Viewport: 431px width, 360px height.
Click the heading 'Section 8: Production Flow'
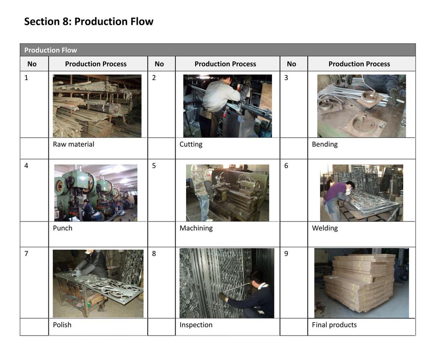coord(88,21)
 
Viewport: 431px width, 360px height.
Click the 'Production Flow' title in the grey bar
coord(51,50)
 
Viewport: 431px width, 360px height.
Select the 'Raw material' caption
coord(73,144)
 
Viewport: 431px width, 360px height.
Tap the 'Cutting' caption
coord(191,144)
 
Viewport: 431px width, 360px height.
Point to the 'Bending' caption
coord(325,144)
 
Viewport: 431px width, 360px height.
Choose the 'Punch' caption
coord(62,228)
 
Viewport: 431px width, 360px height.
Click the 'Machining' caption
coord(196,228)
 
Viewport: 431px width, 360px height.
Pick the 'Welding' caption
coord(325,228)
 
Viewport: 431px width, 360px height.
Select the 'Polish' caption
coord(62,325)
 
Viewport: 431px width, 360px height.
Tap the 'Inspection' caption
coord(196,325)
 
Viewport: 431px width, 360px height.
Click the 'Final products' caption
coord(334,325)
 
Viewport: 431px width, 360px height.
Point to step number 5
coord(154,165)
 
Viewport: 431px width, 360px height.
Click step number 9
coord(286,253)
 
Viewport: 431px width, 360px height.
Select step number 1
coord(27,77)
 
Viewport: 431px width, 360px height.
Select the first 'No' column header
coord(32,64)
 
